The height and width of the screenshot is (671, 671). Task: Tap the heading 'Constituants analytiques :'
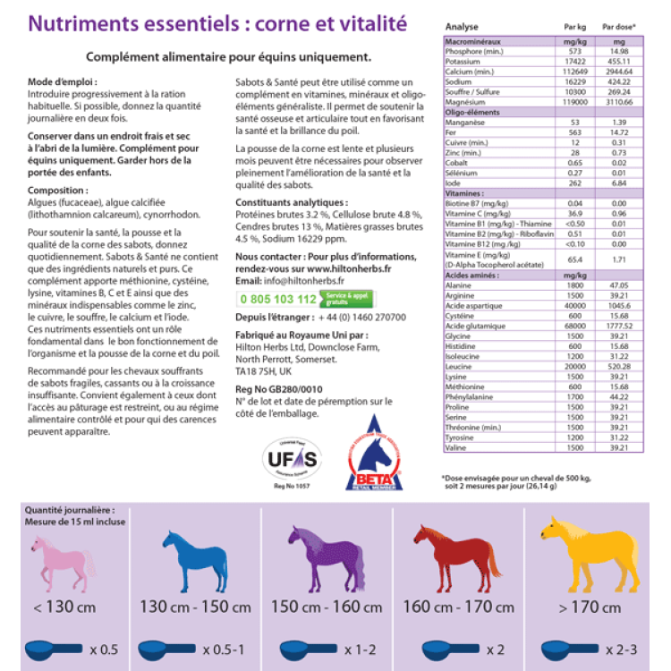point(291,203)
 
